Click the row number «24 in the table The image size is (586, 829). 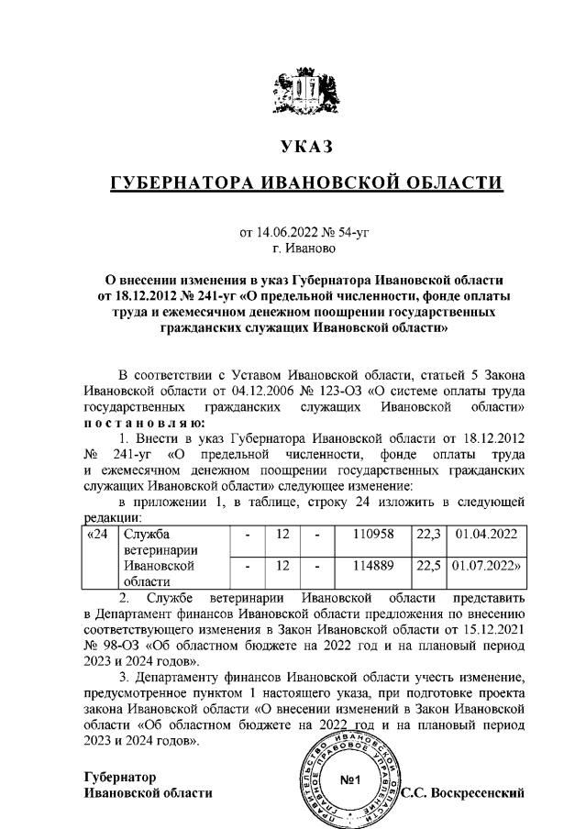[96, 533]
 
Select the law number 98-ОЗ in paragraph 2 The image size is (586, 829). [118, 645]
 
